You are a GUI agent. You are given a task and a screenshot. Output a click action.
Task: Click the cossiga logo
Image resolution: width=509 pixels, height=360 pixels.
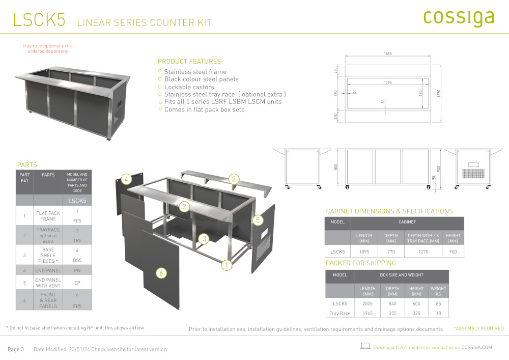pos(459,18)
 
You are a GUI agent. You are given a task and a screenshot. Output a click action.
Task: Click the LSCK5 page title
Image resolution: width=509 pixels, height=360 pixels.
pos(39,20)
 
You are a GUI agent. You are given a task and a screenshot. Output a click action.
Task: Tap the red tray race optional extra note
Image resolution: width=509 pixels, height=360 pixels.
pos(48,48)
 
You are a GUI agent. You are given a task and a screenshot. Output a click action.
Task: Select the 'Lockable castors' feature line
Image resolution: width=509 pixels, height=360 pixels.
pos(189,87)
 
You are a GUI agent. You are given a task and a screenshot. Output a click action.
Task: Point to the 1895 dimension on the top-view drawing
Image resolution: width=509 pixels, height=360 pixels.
pos(387,53)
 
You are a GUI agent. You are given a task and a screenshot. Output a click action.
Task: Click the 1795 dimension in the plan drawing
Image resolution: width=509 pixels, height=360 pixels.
pos(387,82)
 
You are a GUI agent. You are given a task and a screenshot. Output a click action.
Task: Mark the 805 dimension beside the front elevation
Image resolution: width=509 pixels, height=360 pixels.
pos(335,167)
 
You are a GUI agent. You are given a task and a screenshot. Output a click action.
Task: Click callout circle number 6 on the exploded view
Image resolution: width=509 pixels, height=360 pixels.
pos(161,273)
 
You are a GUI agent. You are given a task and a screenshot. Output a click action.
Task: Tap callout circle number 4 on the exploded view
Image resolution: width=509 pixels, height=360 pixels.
pos(126,179)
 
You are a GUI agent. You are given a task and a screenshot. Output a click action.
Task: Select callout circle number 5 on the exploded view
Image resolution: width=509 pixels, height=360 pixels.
pos(258,220)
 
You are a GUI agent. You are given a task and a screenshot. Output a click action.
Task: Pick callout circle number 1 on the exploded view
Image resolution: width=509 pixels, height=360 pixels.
pos(227,265)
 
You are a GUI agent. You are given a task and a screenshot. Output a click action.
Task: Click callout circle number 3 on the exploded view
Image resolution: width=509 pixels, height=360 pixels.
pos(204,239)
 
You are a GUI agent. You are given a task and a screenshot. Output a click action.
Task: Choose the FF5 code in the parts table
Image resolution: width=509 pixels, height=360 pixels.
pos(77,221)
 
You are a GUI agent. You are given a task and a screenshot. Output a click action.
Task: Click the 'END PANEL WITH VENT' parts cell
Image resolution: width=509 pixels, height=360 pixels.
pos(48,283)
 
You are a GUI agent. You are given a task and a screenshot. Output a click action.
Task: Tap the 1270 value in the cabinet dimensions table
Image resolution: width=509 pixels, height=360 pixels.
pos(423,252)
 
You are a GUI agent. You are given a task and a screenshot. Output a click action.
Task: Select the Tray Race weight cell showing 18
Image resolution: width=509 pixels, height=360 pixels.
pos(438,313)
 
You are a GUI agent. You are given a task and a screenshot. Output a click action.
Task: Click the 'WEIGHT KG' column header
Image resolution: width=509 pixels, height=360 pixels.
pos(438,291)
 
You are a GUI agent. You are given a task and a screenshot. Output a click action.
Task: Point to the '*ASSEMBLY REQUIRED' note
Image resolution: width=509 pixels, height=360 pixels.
pos(478,328)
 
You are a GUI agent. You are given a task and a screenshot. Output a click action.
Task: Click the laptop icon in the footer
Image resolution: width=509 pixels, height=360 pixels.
pos(365,346)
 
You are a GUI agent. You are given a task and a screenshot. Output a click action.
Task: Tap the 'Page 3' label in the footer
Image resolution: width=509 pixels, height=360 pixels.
pos(16,349)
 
